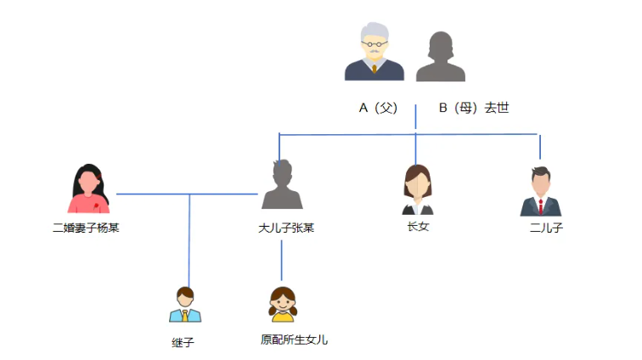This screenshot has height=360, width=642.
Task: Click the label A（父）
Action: (378, 108)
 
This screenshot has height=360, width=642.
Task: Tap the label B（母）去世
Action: (473, 108)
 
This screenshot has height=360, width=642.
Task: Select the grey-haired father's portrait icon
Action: (374, 53)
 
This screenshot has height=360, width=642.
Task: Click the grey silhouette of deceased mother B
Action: (441, 57)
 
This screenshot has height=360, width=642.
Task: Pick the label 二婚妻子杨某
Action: (86, 228)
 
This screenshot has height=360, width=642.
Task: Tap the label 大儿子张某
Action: (286, 228)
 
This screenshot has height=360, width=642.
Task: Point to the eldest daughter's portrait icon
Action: (417, 190)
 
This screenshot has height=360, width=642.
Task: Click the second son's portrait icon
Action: (541, 191)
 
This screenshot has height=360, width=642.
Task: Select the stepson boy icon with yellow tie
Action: (185, 305)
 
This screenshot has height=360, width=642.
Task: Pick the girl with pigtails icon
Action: (282, 304)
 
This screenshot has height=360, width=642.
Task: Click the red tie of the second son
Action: (541, 206)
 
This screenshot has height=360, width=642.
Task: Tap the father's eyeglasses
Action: (374, 45)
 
